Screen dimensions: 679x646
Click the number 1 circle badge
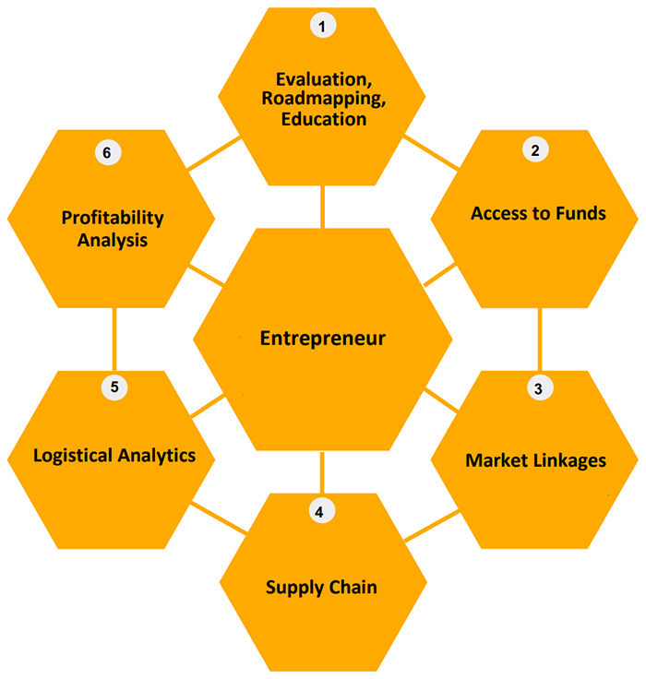(x=322, y=26)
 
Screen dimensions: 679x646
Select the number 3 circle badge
(x=538, y=388)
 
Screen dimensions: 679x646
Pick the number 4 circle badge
(x=319, y=511)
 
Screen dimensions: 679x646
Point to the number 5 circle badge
(x=114, y=387)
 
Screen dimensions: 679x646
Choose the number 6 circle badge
(x=107, y=152)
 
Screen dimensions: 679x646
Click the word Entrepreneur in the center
(x=322, y=339)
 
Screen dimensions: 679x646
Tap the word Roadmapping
(x=318, y=100)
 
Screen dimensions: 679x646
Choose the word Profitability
(x=113, y=219)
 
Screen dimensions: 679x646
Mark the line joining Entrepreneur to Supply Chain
(x=322, y=472)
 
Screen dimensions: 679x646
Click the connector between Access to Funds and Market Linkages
(x=540, y=339)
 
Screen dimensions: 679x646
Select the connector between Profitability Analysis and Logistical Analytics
(x=114, y=339)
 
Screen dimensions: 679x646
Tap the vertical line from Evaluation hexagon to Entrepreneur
(x=322, y=206)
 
